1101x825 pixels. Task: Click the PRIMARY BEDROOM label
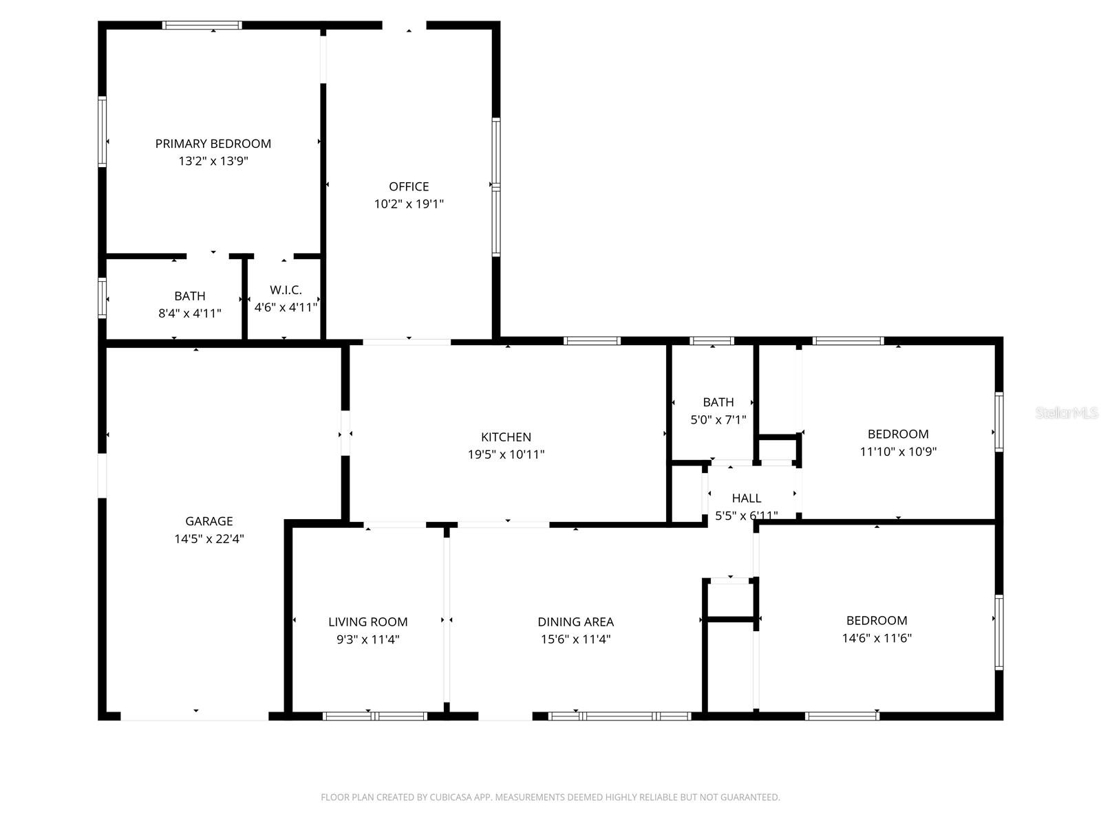click(213, 144)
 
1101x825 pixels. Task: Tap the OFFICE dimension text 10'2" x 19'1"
click(409, 204)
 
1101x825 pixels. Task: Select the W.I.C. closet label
click(286, 290)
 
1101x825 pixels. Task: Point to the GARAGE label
click(209, 521)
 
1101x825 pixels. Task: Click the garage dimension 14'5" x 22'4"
click(209, 539)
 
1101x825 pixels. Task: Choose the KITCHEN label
click(506, 437)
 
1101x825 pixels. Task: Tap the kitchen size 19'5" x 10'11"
click(506, 454)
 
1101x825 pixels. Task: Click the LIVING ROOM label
click(367, 622)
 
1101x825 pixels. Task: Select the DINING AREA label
click(575, 622)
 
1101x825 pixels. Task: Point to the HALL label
click(747, 498)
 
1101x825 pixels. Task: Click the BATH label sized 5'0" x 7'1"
click(718, 402)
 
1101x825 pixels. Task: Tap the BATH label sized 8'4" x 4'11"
click(189, 296)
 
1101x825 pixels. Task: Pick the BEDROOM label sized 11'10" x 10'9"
click(897, 434)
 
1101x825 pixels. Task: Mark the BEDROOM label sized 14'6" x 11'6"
click(876, 620)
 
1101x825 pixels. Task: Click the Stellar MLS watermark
click(1066, 413)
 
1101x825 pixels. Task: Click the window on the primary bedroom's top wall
click(202, 25)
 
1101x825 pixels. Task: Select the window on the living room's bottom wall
click(374, 716)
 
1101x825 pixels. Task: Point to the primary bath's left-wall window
click(103, 298)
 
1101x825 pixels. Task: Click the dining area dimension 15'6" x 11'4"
click(575, 639)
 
